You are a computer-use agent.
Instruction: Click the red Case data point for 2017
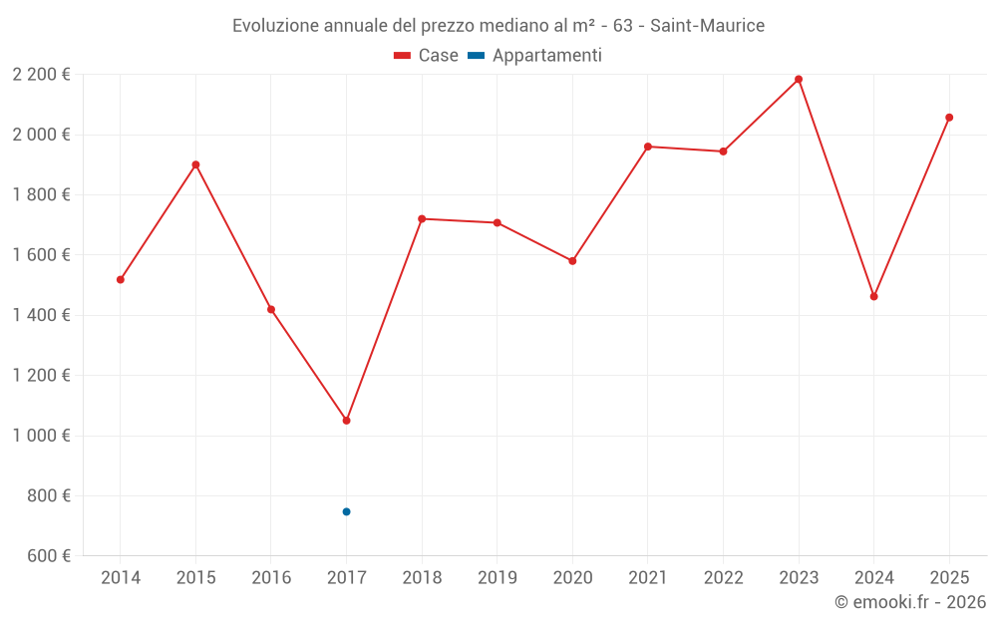tap(346, 421)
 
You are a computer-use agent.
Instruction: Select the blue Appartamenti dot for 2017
tap(346, 511)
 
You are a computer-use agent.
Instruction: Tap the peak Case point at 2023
tap(799, 79)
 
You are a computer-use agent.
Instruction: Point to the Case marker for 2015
tap(195, 164)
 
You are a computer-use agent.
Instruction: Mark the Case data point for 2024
tap(873, 296)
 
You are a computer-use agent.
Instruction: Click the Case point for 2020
tap(572, 261)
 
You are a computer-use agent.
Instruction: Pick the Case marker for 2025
tap(949, 118)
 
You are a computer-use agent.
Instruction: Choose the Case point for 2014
tap(121, 280)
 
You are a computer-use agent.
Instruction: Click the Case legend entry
tap(426, 56)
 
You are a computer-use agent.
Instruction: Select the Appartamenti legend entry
tap(535, 56)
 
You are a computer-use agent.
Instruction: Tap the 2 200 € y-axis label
tap(41, 75)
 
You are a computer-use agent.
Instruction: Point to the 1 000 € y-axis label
tap(41, 436)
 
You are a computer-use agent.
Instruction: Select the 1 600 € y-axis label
tap(41, 255)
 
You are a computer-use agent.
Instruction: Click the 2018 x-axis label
tap(422, 578)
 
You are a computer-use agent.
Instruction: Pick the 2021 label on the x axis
tap(648, 578)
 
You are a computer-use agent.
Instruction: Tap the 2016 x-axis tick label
tap(271, 578)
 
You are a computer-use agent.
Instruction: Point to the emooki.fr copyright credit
tap(909, 602)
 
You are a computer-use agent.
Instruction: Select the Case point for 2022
tap(723, 152)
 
